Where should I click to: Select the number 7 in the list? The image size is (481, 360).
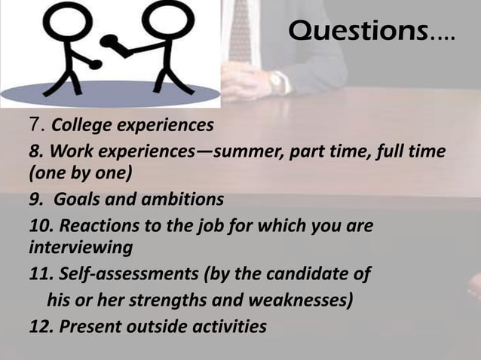tap(34, 123)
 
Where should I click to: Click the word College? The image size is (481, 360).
tap(80, 124)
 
